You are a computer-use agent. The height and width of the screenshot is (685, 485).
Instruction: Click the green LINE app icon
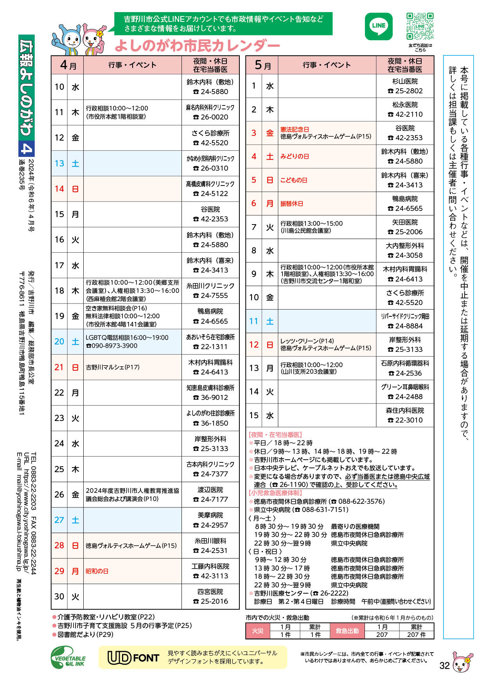pos(378,27)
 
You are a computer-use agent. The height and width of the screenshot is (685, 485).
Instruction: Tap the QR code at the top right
pos(420,26)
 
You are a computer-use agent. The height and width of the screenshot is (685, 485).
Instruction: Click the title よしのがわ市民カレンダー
pos(197,46)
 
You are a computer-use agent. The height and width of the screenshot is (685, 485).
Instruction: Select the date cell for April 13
pos(59,163)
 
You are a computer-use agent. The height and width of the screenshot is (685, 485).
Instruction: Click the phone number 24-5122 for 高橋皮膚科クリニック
pos(210,194)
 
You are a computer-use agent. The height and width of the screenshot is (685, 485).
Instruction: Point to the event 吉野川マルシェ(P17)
pos(113,367)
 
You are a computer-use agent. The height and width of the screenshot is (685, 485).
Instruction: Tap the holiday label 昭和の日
pos(97,571)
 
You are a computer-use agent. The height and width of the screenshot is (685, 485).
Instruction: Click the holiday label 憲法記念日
pos(295,129)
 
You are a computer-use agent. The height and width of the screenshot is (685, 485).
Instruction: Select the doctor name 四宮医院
pos(210,592)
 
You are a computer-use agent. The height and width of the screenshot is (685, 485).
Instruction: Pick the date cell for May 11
pos(254,321)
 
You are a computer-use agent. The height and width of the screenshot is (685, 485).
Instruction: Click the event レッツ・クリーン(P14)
pos(307,341)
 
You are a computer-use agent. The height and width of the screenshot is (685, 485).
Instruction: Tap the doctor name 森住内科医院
pos(405,410)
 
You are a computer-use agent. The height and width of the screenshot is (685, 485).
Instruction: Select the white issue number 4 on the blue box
pos(27,148)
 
